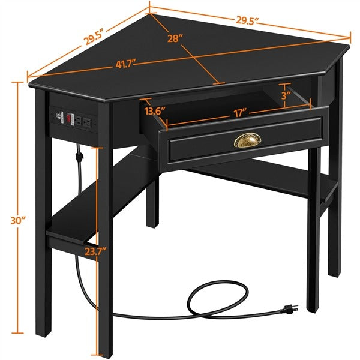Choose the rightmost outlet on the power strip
pyautogui.click(x=88, y=122)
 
